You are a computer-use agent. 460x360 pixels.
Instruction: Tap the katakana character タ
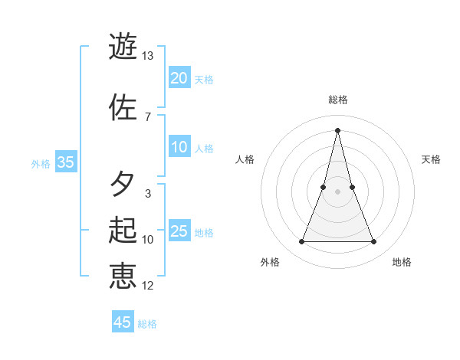pyautogui.click(x=123, y=184)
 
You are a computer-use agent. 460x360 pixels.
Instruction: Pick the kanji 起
pyautogui.click(x=123, y=230)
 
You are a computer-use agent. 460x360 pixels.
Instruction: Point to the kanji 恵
pyautogui.click(x=123, y=276)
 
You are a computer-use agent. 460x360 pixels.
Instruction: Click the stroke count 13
pyautogui.click(x=147, y=56)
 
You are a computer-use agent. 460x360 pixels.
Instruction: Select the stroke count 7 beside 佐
pyautogui.click(x=147, y=116)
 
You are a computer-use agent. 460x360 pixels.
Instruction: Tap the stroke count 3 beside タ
pyautogui.click(x=147, y=194)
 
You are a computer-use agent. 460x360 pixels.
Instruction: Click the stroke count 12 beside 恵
pyautogui.click(x=147, y=286)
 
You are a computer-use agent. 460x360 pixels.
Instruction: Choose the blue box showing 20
pyautogui.click(x=179, y=77)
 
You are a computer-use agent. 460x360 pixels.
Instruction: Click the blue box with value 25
pyautogui.click(x=179, y=232)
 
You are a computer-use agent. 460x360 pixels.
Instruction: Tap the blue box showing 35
pyautogui.click(x=66, y=162)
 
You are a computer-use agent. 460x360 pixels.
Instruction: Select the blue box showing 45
pyautogui.click(x=123, y=322)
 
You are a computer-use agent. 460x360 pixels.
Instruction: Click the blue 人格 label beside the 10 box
pyautogui.click(x=204, y=149)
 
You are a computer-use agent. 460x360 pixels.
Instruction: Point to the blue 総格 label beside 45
pyautogui.click(x=147, y=324)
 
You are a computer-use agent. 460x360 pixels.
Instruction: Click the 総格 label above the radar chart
pyautogui.click(x=337, y=100)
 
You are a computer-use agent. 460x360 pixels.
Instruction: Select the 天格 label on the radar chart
pyautogui.click(x=432, y=159)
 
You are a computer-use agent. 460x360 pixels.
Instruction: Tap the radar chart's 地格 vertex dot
pyautogui.click(x=374, y=242)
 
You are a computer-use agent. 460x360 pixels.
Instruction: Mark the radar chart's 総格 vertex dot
pyautogui.click(x=337, y=129)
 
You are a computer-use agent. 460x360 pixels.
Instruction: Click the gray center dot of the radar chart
pyautogui.click(x=337, y=191)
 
